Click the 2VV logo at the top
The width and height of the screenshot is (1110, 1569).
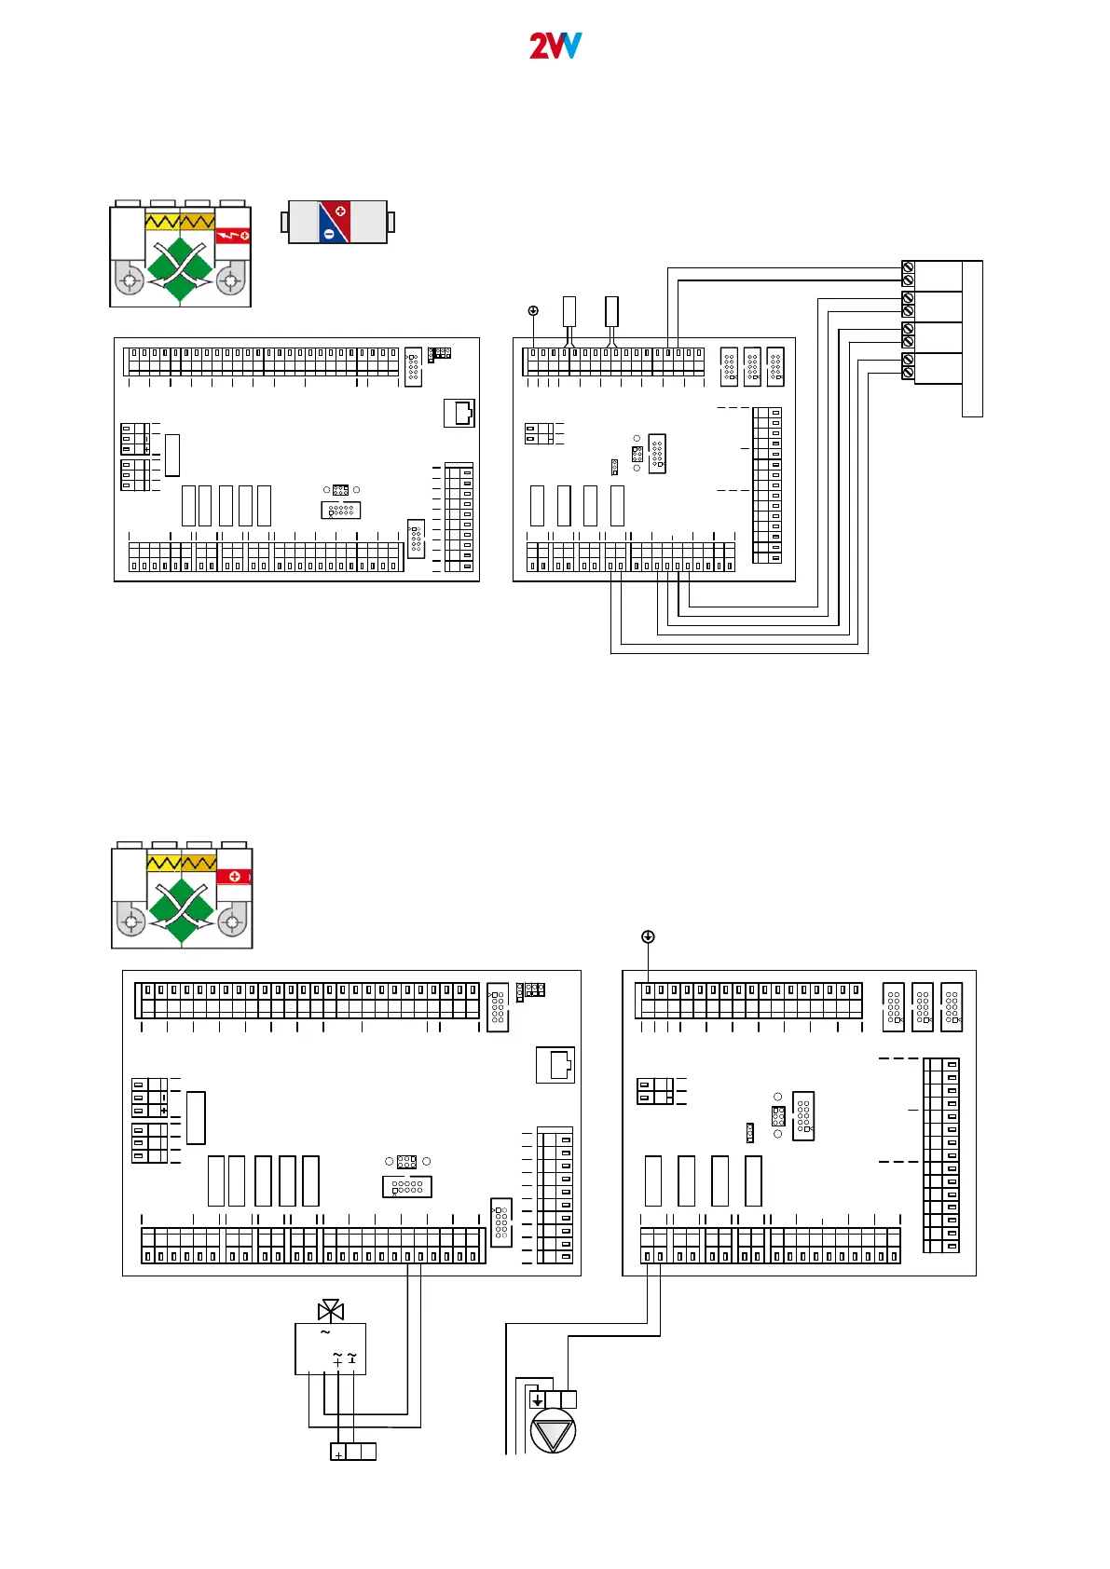pos(555,46)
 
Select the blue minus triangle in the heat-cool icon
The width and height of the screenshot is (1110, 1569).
pos(329,232)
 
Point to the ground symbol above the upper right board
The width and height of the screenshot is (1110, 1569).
pos(533,310)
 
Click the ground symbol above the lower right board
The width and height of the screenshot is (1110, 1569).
pos(648,936)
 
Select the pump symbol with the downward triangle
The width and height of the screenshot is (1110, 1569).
pos(553,1431)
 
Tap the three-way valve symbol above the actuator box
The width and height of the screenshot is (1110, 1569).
pos(330,1311)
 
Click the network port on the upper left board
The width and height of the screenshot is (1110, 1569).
pos(459,413)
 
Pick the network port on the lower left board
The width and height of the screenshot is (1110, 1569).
pos(555,1065)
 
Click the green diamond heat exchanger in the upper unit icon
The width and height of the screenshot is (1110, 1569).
pos(180,268)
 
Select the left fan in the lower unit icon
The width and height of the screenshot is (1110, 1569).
pos(131,922)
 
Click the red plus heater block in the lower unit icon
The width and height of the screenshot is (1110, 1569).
pos(234,876)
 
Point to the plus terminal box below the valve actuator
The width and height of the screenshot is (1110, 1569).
pos(338,1452)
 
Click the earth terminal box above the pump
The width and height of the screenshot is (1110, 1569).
pos(537,1399)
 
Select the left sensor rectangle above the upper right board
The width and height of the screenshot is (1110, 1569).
pos(569,311)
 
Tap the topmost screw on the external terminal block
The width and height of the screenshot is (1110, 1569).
pos(908,267)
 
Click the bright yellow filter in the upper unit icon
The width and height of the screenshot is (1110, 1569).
pos(162,222)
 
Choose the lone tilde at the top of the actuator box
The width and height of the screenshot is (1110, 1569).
pos(324,1332)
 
